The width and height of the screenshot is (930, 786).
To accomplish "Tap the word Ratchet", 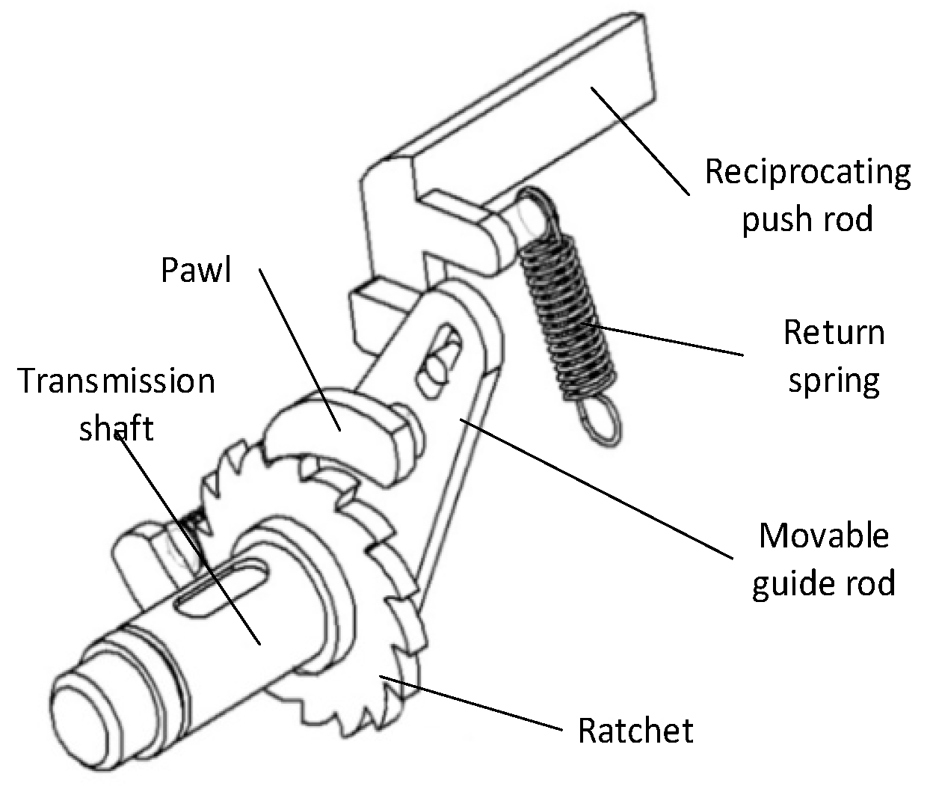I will (635, 730).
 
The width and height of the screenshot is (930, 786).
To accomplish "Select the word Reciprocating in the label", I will (807, 172).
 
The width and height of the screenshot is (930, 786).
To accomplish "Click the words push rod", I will (807, 221).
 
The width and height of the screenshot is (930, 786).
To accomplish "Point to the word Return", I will (834, 332).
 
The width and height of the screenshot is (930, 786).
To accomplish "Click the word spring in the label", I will (834, 381).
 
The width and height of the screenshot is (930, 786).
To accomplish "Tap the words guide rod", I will (824, 583).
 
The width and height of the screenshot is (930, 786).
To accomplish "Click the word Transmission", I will (116, 381).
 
